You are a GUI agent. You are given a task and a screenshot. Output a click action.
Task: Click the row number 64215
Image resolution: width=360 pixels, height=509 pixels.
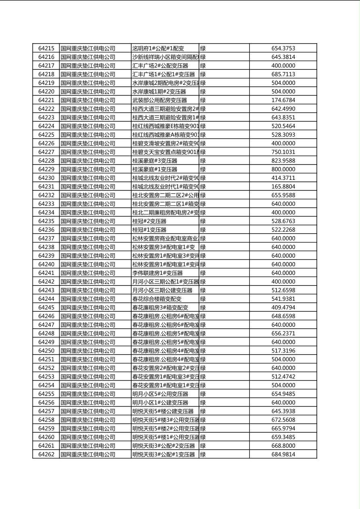(46, 48)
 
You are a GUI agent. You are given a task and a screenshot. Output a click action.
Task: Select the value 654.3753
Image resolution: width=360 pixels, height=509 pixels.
(283, 48)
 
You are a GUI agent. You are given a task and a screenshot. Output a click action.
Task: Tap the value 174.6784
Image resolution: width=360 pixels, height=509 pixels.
(283, 100)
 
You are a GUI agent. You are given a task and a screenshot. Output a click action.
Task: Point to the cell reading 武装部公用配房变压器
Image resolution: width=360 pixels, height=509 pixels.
(159, 100)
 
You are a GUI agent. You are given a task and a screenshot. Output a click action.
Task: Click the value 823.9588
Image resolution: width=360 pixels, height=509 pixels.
(283, 161)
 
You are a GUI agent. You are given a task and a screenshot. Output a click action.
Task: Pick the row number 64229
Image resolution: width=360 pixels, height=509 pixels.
(46, 169)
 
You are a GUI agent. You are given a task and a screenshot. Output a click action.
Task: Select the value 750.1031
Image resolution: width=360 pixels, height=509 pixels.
(283, 152)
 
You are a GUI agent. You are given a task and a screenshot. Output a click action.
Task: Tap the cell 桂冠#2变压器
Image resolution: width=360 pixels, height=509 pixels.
(149, 221)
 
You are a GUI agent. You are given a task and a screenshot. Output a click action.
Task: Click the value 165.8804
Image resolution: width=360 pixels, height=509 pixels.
(283, 187)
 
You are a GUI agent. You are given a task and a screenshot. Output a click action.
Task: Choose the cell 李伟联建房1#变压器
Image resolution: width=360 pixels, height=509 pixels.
(157, 273)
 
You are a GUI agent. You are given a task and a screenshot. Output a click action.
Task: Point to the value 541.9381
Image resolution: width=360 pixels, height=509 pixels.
(283, 299)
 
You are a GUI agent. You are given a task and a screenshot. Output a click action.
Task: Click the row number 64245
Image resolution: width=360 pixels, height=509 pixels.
(46, 307)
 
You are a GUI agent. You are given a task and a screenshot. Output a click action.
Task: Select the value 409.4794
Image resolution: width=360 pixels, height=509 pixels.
(283, 307)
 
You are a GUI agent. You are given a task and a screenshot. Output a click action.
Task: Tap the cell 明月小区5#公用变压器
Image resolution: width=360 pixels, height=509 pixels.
(160, 394)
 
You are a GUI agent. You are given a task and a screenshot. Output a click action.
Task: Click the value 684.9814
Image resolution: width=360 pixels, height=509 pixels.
(283, 455)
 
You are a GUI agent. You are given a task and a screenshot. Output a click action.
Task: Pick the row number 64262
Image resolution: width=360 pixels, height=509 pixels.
(46, 455)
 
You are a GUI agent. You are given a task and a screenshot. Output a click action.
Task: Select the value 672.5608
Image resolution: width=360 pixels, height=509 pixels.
(283, 420)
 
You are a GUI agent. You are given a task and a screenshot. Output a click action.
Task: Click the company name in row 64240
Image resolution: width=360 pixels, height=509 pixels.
(88, 265)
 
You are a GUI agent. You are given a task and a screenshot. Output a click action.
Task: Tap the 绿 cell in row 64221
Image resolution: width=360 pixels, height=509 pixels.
(203, 100)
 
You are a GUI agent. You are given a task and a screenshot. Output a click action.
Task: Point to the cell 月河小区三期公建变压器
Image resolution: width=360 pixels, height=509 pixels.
(162, 290)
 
